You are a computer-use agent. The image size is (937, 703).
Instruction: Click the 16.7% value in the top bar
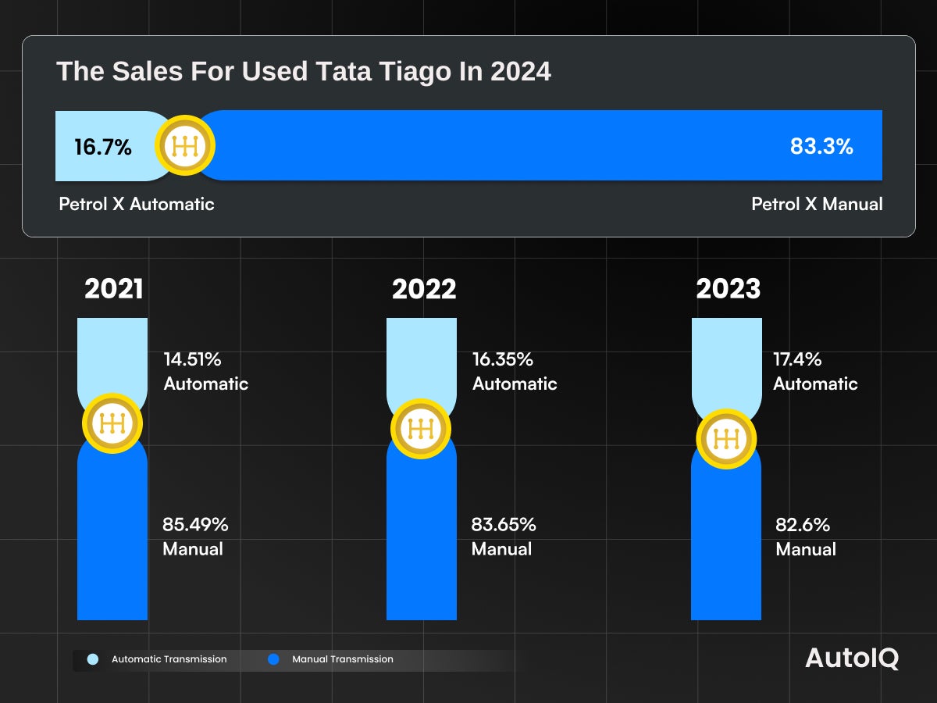[103, 147]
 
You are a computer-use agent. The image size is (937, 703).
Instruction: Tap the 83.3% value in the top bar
[821, 146]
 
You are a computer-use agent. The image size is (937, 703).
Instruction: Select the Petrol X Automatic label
[137, 205]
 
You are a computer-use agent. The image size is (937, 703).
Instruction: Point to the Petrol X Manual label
[817, 205]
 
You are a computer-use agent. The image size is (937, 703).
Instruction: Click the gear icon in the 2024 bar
[185, 146]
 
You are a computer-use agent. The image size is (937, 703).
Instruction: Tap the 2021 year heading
[114, 289]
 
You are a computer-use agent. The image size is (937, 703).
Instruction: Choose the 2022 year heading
[424, 289]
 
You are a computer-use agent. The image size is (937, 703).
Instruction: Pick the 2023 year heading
[728, 289]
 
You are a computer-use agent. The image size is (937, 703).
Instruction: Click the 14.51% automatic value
[192, 359]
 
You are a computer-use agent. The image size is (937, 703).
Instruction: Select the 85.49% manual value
[195, 524]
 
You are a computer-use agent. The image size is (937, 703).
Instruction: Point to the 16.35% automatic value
[502, 359]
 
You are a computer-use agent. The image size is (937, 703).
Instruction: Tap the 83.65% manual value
[504, 524]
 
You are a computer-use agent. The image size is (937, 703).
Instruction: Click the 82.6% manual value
[803, 524]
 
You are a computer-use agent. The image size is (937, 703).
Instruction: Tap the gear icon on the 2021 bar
[113, 423]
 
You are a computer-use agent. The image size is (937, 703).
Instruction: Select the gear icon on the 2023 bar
[726, 438]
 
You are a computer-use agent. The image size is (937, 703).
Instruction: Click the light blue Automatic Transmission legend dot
[93, 659]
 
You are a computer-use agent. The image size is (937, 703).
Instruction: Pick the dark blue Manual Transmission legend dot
[273, 659]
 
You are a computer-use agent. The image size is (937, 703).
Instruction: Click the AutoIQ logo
[852, 658]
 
